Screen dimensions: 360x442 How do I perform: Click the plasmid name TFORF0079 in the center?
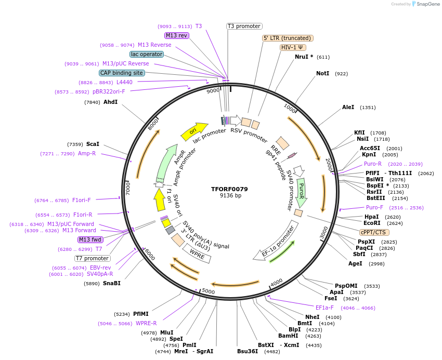(229, 189)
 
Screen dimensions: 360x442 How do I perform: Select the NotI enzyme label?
(322, 74)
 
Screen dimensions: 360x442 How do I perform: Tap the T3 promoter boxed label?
(244, 26)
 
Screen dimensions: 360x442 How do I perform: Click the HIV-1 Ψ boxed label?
(293, 47)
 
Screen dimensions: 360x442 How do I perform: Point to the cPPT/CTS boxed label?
(373, 232)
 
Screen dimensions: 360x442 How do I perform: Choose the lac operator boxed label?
(147, 54)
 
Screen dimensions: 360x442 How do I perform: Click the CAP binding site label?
(122, 73)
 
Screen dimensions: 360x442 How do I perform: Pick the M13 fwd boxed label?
(90, 239)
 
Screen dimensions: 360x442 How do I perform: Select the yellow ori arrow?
(194, 131)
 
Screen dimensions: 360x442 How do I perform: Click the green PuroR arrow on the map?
(301, 192)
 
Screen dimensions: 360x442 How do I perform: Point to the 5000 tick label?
(208, 291)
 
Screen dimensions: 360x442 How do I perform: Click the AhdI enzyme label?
(111, 102)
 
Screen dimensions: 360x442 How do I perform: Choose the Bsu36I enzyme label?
(248, 351)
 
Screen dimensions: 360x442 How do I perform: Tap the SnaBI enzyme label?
(111, 283)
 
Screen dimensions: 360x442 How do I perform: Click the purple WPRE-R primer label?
(146, 323)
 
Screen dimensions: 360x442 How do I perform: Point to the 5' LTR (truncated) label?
(288, 38)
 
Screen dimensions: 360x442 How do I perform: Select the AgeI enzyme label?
(355, 263)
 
